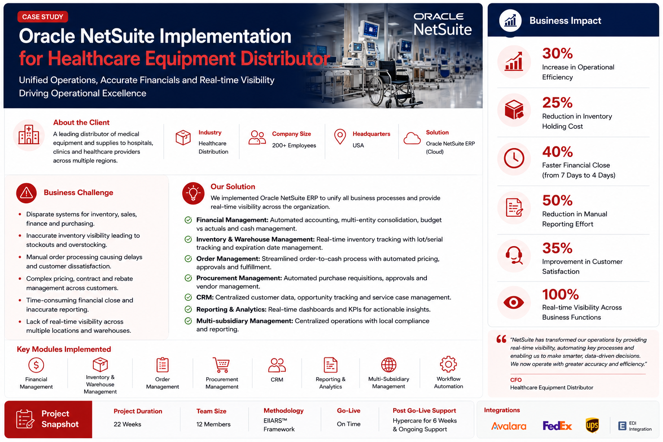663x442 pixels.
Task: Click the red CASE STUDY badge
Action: pos(43,17)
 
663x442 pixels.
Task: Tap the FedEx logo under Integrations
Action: pos(557,426)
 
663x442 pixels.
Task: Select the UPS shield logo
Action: pos(592,426)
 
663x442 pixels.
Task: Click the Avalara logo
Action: pos(508,426)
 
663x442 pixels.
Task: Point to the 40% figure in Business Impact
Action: pos(557,152)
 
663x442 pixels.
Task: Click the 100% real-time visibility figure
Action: pos(560,294)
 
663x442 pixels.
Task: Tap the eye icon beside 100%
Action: pos(514,303)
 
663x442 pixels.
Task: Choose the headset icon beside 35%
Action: pos(514,255)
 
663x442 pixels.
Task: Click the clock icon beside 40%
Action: pos(514,158)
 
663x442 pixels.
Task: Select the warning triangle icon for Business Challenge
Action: pos(26,193)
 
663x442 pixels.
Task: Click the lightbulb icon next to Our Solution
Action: pos(193,193)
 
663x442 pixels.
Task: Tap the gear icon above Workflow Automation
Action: pos(448,364)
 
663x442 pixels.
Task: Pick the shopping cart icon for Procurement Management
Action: pos(221,365)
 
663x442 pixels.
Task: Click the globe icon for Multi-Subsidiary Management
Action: pos(388,364)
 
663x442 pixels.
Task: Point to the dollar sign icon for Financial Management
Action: pos(36,365)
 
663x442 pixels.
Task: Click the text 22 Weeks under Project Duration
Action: pos(127,424)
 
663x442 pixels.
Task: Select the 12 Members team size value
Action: pos(213,424)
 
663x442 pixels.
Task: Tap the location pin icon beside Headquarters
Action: pos(340,137)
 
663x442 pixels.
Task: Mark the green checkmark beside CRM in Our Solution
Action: pos(188,297)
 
